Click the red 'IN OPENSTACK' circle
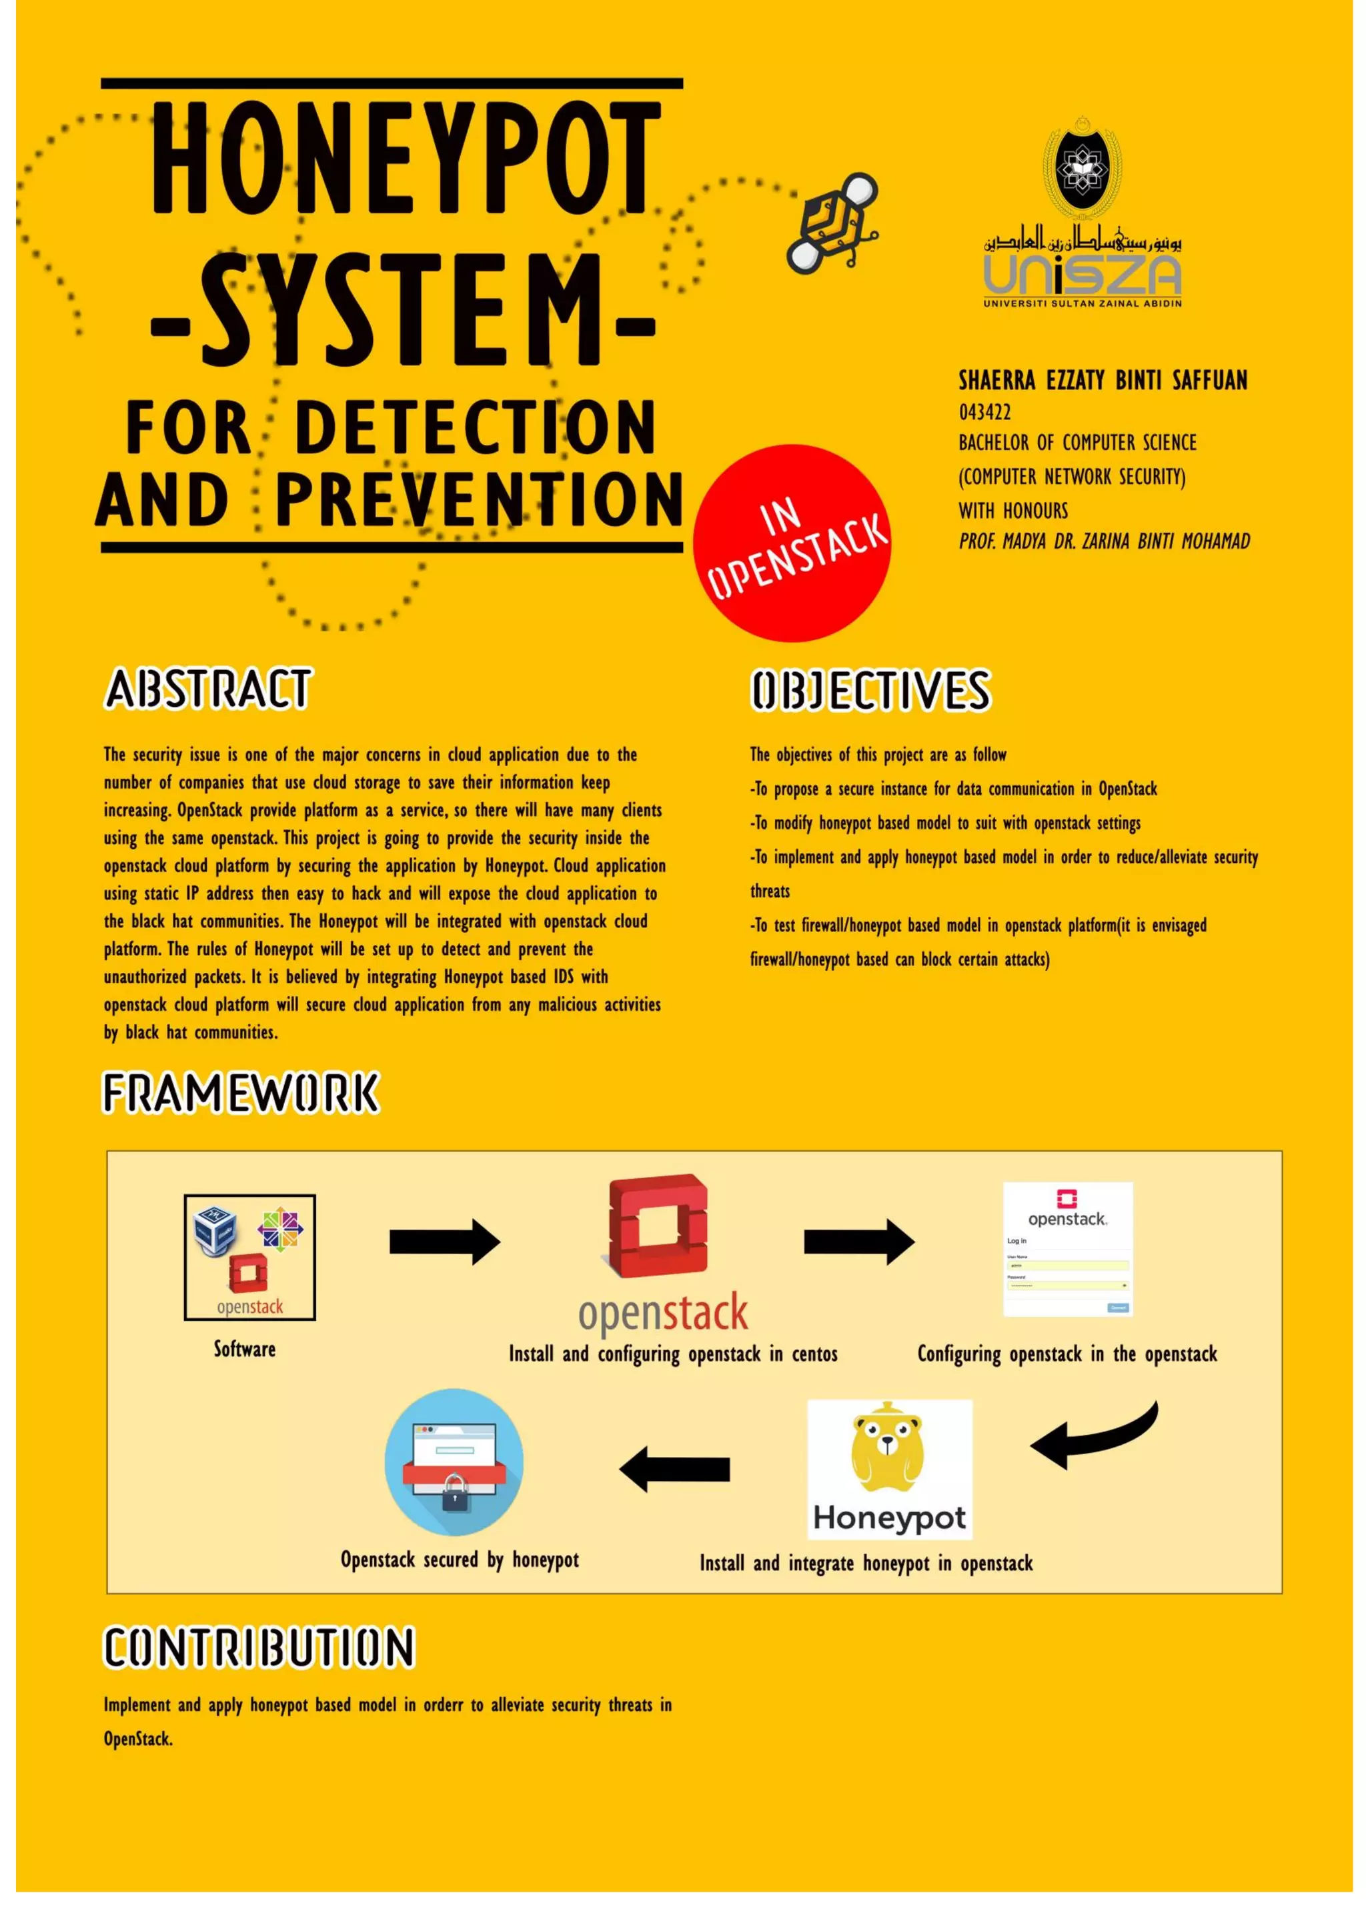pos(792,543)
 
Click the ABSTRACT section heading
pos(207,689)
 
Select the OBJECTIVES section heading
pos(870,691)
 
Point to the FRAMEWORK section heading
pos(241,1094)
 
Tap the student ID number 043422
pos(985,412)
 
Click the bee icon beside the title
pos(832,222)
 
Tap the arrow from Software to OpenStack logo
pos(444,1242)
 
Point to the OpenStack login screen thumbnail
pos(1067,1249)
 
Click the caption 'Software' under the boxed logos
pos(244,1349)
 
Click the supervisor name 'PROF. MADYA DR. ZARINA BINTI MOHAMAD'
pos(1105,541)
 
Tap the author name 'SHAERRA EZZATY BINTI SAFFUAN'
pos(1103,381)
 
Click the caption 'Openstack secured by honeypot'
pos(460,1560)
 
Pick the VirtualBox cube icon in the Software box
pos(215,1230)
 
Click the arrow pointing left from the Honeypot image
pos(674,1468)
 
